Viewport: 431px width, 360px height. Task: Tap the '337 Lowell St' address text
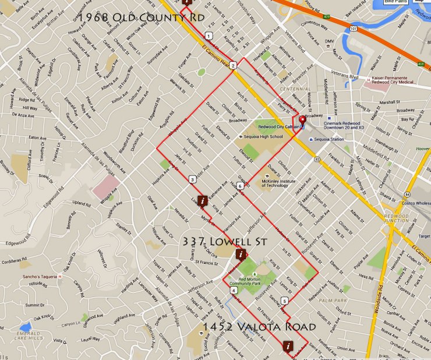click(x=224, y=241)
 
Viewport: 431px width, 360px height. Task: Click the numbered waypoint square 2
click(x=232, y=66)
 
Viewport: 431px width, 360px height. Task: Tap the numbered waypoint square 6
click(x=239, y=186)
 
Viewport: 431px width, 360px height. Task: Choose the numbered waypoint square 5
click(x=284, y=301)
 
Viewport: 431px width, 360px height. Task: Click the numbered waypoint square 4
click(x=234, y=290)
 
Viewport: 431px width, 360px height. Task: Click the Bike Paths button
click(x=395, y=3)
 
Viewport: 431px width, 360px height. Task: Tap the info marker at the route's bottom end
click(x=287, y=345)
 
